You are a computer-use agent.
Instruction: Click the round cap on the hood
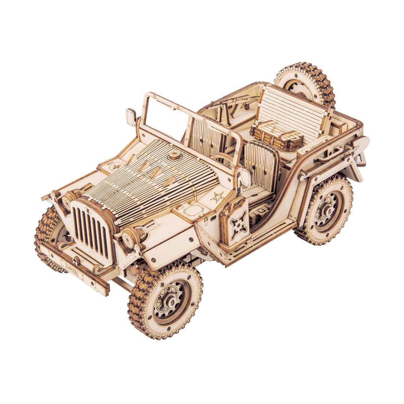pyautogui.click(x=174, y=155)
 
